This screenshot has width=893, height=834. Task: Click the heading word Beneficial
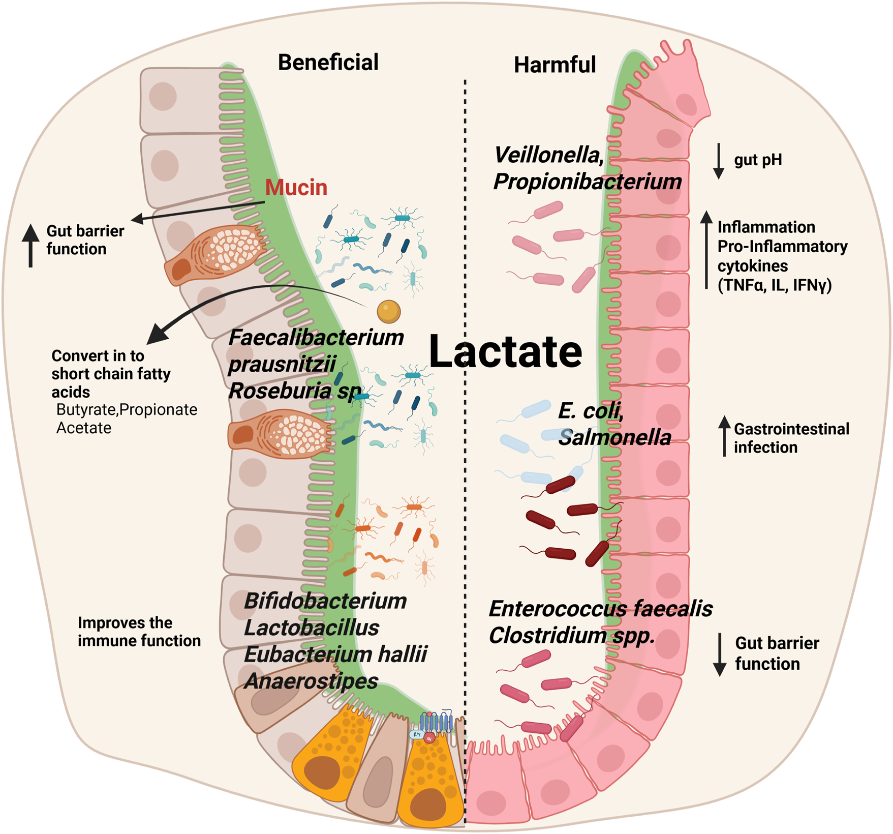click(x=328, y=63)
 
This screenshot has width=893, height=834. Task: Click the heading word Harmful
click(x=555, y=65)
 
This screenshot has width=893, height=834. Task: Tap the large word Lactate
click(x=505, y=351)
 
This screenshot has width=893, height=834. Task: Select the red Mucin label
click(x=296, y=188)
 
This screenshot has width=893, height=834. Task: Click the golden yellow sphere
click(x=389, y=311)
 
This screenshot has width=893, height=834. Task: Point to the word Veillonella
click(x=548, y=155)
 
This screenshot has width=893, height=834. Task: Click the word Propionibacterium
click(x=587, y=182)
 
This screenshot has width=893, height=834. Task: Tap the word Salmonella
click(x=614, y=437)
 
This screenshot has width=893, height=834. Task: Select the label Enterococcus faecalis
click(x=600, y=609)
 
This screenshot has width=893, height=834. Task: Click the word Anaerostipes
click(x=311, y=681)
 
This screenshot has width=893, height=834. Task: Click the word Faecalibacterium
click(x=316, y=337)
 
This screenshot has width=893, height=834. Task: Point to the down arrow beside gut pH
click(x=718, y=161)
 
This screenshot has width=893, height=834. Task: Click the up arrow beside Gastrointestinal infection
click(x=724, y=436)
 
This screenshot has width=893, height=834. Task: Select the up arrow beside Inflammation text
click(x=706, y=250)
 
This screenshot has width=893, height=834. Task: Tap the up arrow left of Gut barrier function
click(x=31, y=245)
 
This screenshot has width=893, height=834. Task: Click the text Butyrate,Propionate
click(x=127, y=409)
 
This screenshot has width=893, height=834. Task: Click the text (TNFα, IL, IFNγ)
click(x=775, y=285)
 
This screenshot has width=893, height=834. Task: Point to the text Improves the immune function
click(x=139, y=632)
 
